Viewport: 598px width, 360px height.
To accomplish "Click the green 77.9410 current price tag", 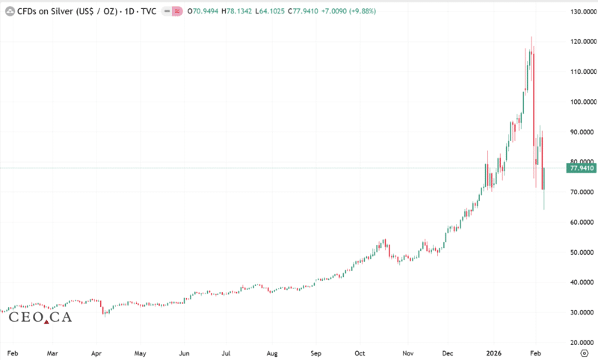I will coord(582,169).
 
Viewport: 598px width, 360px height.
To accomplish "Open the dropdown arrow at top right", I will coord(582,12).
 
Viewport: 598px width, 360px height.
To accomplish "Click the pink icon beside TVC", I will coord(176,12).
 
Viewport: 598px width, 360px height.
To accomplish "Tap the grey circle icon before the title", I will coord(10,12).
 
